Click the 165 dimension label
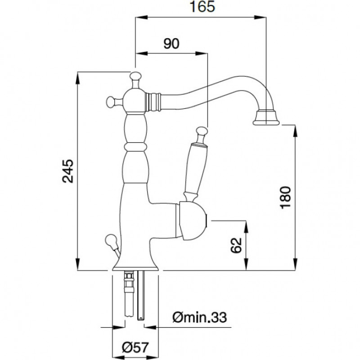(202, 7)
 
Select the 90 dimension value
(171, 44)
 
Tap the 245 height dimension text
(68, 171)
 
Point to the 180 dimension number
(286, 198)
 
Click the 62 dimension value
(236, 245)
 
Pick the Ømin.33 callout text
(199, 317)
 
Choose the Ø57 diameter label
(135, 347)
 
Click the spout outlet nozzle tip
(266, 117)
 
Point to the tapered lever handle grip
(196, 169)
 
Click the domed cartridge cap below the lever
(193, 220)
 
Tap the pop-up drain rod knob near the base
(111, 240)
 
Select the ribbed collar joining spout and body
(153, 102)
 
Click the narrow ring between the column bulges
(135, 146)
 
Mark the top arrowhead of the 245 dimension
(77, 78)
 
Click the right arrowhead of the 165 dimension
(260, 18)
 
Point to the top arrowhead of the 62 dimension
(246, 227)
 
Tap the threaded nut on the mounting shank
(129, 276)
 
